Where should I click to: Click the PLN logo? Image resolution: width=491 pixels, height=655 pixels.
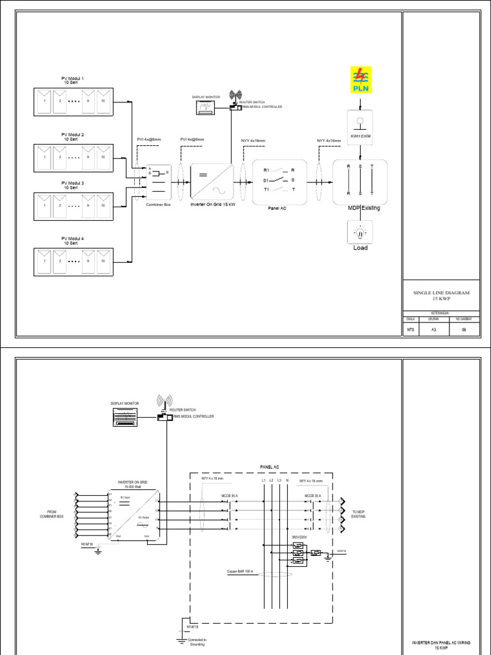361,82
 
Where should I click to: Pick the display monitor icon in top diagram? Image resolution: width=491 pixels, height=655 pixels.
206,108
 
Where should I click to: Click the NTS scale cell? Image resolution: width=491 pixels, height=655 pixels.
411,329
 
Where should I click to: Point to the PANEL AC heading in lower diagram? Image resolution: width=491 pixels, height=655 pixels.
270,468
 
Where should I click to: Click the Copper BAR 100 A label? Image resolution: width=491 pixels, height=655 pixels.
240,571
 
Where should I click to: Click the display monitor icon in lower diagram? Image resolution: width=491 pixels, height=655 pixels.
125,418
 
